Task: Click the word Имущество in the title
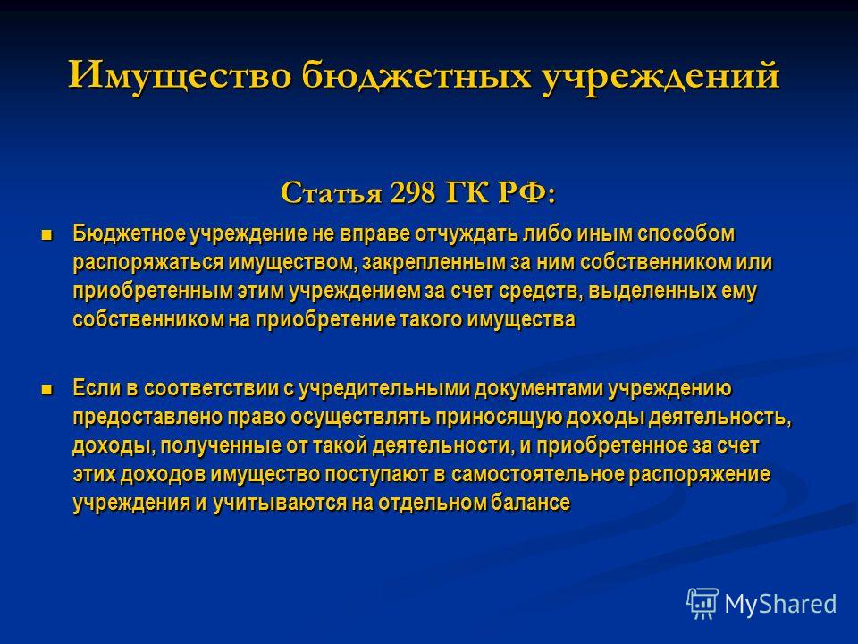point(180,74)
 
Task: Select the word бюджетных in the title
point(416,76)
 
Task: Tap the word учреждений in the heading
point(660,76)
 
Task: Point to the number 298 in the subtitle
point(413,193)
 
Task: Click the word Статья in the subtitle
point(331,193)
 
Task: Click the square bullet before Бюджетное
point(47,235)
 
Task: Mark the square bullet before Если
point(47,390)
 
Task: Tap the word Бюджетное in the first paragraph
point(129,233)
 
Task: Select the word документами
point(540,389)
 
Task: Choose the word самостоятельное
point(537,474)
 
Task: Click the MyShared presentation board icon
point(702,604)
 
